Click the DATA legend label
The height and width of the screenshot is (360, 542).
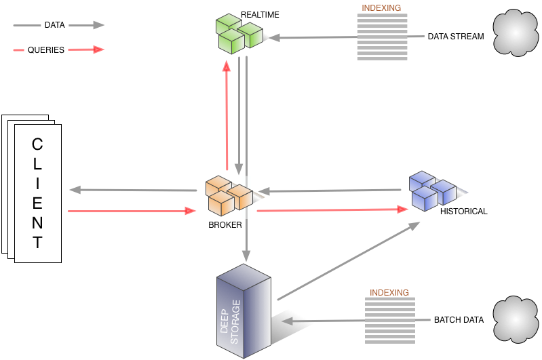(54, 25)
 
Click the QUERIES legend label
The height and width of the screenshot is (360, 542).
(46, 49)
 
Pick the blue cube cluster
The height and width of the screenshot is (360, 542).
(432, 190)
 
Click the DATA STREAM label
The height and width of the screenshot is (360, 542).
(456, 37)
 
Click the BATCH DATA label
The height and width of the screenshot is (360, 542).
(459, 319)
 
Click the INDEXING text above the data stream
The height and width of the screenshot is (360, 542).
(381, 8)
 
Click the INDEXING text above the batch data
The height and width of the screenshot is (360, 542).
(389, 292)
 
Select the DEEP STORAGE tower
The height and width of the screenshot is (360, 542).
(244, 312)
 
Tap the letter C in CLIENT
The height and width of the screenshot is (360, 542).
(37, 144)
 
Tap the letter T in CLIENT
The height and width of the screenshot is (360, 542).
(37, 243)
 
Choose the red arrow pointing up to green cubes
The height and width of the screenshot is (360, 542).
(227, 115)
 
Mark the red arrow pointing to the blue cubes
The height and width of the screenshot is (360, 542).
(332, 210)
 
